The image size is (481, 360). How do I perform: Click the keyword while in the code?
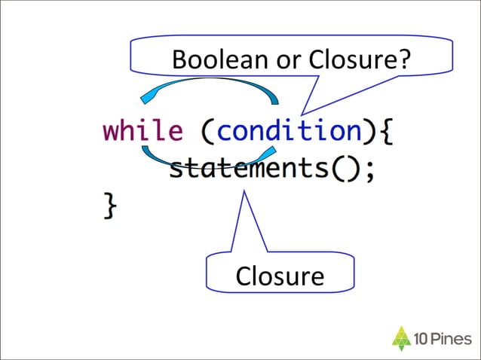click(x=142, y=131)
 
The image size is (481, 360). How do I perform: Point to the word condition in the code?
click(x=288, y=131)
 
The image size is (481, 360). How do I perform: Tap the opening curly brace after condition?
click(x=384, y=132)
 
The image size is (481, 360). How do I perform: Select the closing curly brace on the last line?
click(x=110, y=206)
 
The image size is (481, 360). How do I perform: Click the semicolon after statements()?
click(x=368, y=170)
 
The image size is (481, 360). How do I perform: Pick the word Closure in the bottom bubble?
click(x=279, y=276)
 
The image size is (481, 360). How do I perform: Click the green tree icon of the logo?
click(x=402, y=337)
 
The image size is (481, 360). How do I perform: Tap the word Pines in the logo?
click(x=452, y=338)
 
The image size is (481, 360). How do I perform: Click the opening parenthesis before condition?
click(x=207, y=132)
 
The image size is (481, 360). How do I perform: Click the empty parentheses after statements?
click(x=339, y=169)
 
